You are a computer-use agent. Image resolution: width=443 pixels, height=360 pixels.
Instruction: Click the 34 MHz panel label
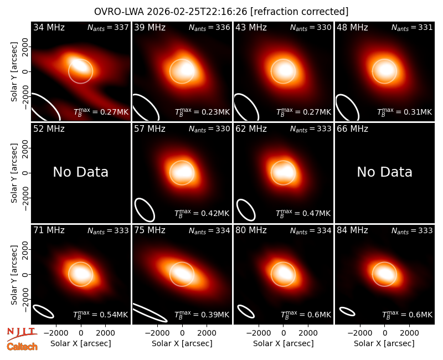[49, 27]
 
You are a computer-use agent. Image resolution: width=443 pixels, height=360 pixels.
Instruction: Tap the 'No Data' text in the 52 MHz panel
[80, 172]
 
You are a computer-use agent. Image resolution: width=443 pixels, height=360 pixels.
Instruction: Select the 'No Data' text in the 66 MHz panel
[384, 172]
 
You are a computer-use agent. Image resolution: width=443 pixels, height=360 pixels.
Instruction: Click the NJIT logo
[22, 333]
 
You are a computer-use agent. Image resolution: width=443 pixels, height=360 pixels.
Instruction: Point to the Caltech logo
[22, 347]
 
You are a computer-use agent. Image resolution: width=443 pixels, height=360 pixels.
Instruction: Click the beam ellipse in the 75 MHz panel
[150, 312]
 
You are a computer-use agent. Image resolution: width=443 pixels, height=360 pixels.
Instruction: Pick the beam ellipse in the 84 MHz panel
[347, 311]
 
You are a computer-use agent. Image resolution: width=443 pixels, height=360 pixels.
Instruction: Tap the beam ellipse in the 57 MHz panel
[145, 210]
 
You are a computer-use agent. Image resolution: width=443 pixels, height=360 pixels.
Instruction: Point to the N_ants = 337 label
[108, 27]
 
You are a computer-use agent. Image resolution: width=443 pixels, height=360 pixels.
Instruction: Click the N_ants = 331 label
[412, 27]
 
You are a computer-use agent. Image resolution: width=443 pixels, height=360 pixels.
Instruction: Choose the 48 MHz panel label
[352, 27]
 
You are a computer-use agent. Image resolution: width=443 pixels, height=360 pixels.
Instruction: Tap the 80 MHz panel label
[251, 230]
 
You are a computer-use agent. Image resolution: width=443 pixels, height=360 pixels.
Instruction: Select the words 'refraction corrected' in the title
[299, 12]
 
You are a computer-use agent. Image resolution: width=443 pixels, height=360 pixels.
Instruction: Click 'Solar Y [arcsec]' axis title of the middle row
[14, 173]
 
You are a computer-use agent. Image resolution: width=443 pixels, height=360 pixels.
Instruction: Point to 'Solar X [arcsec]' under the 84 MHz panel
[384, 343]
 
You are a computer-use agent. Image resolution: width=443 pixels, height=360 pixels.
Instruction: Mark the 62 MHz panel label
[251, 129]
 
